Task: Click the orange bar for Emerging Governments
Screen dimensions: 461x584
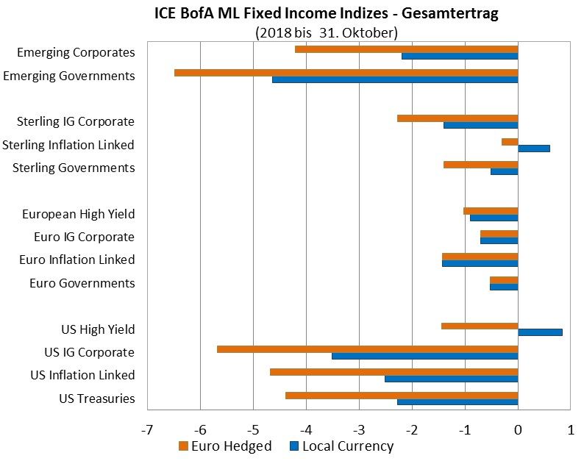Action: [x=346, y=73]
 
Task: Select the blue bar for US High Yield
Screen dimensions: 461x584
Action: [x=540, y=332]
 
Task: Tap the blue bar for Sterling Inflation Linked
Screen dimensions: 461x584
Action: [x=533, y=148]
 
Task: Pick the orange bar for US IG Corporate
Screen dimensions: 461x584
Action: [x=367, y=349]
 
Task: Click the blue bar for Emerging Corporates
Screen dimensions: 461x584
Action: [x=460, y=56]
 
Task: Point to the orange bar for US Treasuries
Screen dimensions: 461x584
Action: [x=402, y=395]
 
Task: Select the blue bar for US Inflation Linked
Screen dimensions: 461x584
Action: [x=451, y=379]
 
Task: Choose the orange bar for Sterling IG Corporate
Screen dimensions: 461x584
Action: [x=457, y=118]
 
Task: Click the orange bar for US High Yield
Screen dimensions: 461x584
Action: [x=480, y=326]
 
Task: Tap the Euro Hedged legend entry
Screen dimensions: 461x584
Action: [x=225, y=446]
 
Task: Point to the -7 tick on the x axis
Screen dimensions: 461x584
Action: [x=147, y=428]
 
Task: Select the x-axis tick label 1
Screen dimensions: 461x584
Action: [x=571, y=428]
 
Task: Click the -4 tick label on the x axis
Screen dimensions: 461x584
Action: [x=306, y=428]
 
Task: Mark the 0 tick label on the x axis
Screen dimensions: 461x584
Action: [x=518, y=428]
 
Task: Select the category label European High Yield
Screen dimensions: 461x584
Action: [x=78, y=214]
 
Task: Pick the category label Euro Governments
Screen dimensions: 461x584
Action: [x=82, y=283]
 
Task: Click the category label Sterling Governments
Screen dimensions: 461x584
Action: [x=74, y=168]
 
